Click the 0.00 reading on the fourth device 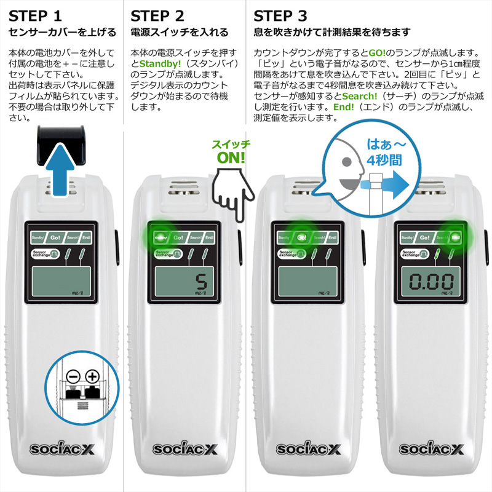pos(432,283)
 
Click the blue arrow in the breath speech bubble pos(388,183)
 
